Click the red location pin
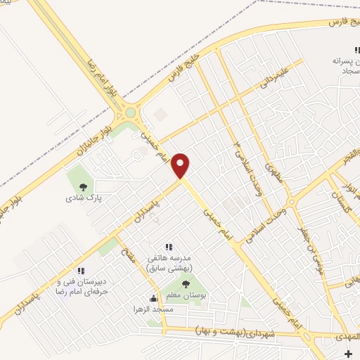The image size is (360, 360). (181, 165)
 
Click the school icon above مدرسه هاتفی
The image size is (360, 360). (168, 247)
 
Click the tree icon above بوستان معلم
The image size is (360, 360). (186, 284)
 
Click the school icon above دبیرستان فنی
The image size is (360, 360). (81, 271)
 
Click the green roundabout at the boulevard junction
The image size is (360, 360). (130, 112)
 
